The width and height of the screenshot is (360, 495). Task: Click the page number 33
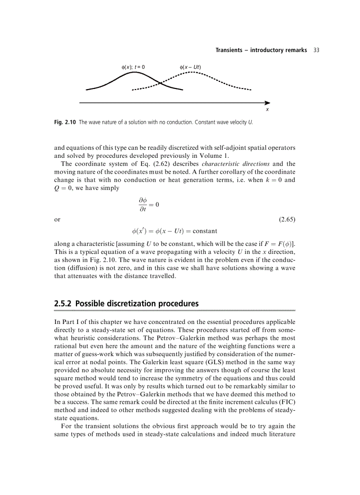pyautogui.click(x=315, y=50)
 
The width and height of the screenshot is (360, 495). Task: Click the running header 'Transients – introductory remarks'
pyautogui.click(x=261, y=50)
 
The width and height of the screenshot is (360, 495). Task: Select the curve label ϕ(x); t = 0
pyautogui.click(x=133, y=67)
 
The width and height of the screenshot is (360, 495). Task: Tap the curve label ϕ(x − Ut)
pyautogui.click(x=190, y=67)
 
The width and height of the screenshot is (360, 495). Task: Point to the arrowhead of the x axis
pyautogui.click(x=267, y=102)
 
